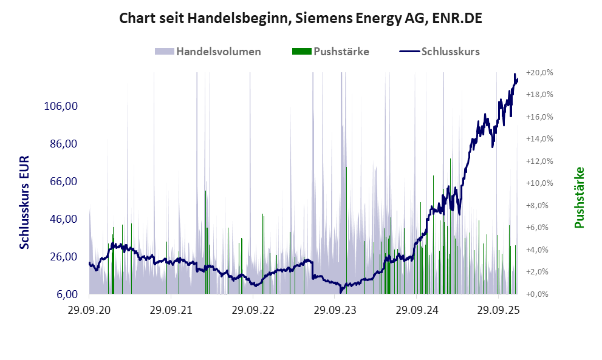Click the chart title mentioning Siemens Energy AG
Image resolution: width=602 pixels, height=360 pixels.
tap(301, 19)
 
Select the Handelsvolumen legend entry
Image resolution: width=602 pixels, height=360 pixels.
tap(218, 52)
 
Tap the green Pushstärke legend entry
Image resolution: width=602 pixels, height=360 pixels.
tap(341, 52)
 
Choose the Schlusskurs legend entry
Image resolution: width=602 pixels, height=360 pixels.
tap(450, 52)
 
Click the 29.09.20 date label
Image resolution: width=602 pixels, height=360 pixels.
tap(89, 310)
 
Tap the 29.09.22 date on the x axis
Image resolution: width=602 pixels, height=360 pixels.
tap(253, 310)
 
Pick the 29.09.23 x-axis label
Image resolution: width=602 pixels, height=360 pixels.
tap(335, 310)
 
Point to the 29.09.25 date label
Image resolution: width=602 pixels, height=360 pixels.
tap(498, 310)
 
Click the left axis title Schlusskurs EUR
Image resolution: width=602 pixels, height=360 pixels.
tap(25, 202)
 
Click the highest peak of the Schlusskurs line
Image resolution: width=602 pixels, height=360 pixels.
tap(515, 75)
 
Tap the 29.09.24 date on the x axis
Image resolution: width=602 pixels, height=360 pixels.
tap(416, 310)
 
